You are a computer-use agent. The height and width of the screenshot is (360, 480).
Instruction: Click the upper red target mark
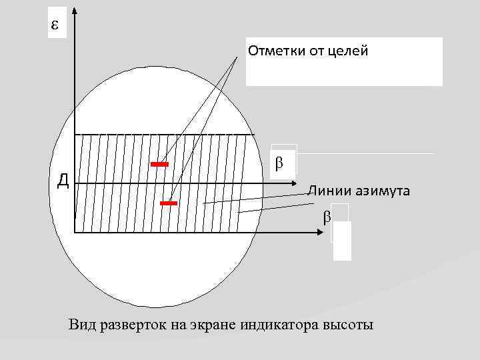coord(160,163)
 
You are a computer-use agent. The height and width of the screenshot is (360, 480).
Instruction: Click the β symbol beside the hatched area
coord(279,162)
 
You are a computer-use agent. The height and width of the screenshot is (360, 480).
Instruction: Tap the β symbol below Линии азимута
coord(326,217)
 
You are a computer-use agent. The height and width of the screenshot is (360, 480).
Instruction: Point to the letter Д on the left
coord(63,180)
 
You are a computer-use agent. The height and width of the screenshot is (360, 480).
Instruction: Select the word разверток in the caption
coord(132,325)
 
